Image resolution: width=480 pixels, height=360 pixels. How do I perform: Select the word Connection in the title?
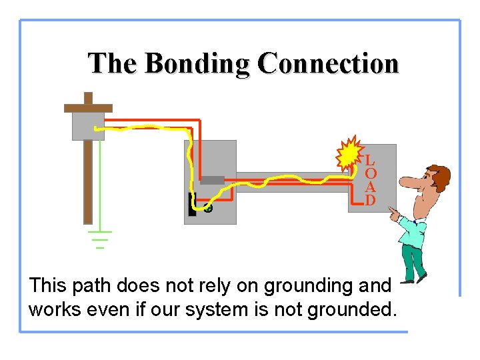[328, 63]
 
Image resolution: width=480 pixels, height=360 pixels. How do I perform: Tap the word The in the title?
[113, 63]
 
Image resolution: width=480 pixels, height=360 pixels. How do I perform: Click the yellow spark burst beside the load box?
[348, 156]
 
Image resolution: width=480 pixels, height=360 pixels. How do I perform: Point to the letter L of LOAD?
[370, 161]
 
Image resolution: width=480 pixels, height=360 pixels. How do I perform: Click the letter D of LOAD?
[370, 200]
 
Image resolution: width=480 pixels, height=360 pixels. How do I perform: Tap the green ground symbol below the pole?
[100, 239]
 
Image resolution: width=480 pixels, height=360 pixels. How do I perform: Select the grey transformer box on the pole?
[88, 125]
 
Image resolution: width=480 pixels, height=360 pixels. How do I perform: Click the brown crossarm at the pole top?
[88, 107]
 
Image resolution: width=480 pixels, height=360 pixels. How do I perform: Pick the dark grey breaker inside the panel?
[212, 180]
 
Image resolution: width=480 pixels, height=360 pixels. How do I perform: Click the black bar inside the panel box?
[192, 205]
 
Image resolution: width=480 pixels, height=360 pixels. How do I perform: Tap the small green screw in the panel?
[208, 209]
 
